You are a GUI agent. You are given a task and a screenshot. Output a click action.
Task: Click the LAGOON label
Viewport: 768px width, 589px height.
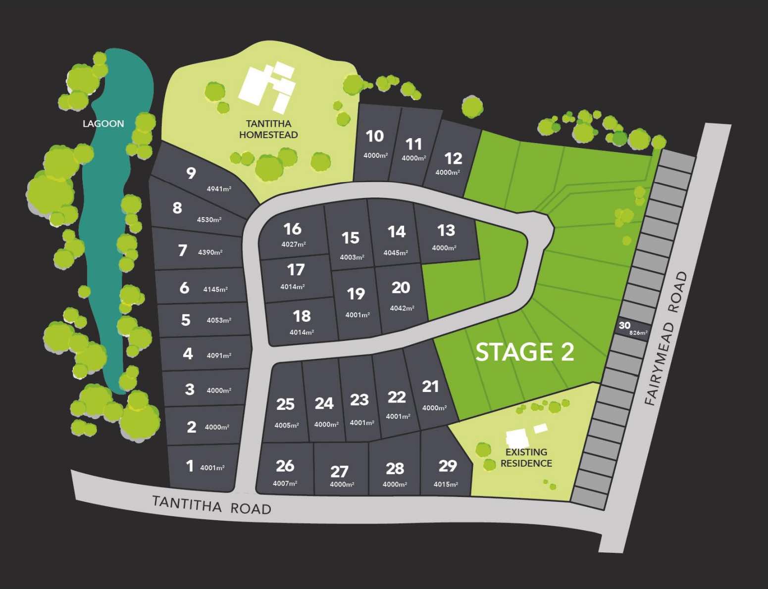pos(103,124)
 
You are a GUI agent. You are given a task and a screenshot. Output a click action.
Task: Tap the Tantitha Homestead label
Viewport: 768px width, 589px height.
pos(268,129)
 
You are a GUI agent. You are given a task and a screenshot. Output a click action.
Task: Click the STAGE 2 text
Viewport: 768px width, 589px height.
pos(524,352)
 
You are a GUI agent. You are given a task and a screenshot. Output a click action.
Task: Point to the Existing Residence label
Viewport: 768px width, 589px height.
pos(526,458)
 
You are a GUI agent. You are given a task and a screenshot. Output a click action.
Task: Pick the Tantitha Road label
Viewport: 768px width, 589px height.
pos(211,505)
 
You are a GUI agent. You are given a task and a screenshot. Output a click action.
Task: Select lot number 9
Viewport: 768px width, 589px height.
pos(191,173)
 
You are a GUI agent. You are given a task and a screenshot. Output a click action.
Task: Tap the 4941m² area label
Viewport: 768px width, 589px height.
pos(219,189)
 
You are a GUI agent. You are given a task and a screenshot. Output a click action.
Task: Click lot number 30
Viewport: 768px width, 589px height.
pos(624,325)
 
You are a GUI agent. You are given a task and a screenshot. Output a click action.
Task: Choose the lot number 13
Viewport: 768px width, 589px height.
pos(446,230)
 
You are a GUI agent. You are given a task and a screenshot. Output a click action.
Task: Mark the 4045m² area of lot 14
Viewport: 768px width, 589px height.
pos(396,253)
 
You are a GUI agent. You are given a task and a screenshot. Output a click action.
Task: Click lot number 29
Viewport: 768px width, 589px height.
pos(448,466)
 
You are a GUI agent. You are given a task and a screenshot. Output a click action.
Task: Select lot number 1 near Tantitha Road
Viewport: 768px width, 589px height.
pos(190,466)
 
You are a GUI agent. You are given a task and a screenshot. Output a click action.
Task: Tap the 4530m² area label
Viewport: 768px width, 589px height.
pos(209,220)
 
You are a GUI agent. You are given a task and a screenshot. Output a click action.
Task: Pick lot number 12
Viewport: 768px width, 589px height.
pos(453,158)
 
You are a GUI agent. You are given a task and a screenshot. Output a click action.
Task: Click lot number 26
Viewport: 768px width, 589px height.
pos(285,466)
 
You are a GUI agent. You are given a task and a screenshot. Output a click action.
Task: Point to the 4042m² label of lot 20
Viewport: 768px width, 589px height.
pos(402,308)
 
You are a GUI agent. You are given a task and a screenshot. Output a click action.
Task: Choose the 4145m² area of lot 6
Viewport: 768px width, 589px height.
pos(215,290)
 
